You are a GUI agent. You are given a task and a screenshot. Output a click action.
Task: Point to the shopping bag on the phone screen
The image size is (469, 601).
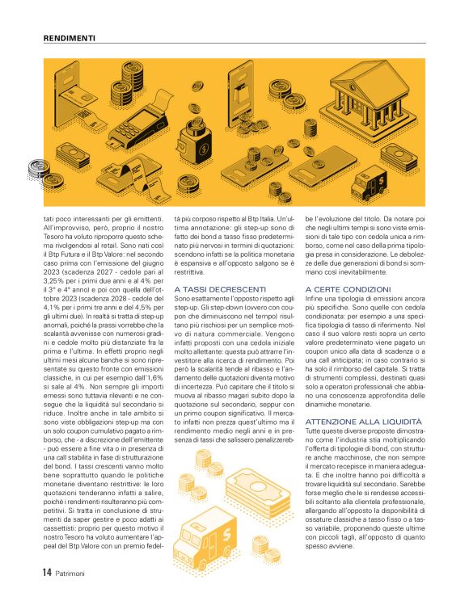tap(249, 83)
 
